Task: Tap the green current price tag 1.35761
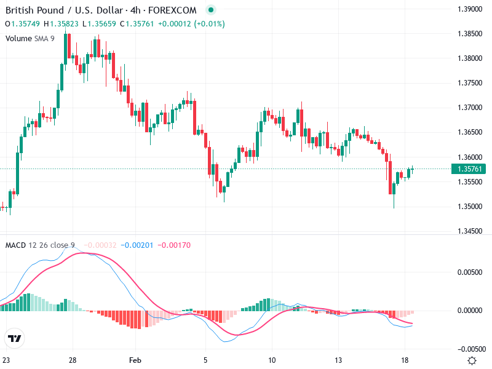[470, 169]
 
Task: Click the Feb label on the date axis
[136, 360]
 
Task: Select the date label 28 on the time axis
[73, 360]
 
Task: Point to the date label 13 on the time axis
[338, 360]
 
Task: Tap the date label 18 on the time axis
[404, 360]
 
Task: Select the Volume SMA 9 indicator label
[30, 38]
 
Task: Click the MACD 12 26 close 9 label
[40, 245]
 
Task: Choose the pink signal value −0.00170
[174, 245]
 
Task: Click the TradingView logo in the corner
[14, 338]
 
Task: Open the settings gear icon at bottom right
[472, 360]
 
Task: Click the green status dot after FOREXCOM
[211, 10]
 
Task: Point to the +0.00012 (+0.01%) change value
[191, 24]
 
